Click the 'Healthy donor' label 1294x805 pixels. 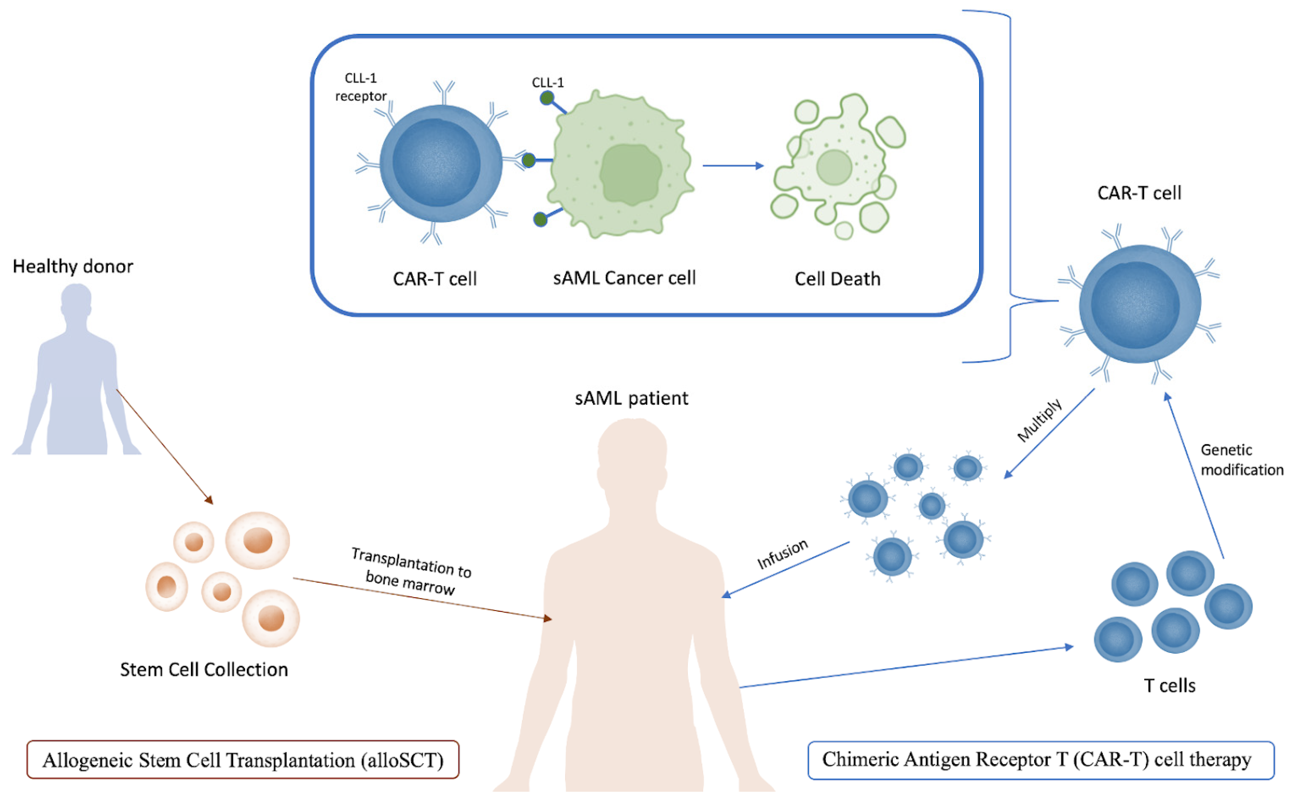click(x=73, y=266)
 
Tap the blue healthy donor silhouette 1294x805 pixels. click(x=77, y=373)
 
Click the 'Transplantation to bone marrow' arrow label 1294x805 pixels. click(x=411, y=571)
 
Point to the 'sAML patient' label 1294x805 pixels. click(x=631, y=398)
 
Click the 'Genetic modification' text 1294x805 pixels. click(x=1242, y=460)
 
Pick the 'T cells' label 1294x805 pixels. click(x=1170, y=686)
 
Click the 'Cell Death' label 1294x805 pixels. click(x=838, y=279)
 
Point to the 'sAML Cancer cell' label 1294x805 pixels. click(x=624, y=278)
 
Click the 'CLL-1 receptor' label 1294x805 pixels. click(x=361, y=87)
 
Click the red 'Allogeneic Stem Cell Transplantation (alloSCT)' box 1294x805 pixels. click(x=243, y=760)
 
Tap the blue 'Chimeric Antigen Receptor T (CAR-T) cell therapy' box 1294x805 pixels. click(x=1041, y=760)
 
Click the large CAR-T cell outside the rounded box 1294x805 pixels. click(x=1140, y=304)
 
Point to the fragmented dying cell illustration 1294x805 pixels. click(x=838, y=166)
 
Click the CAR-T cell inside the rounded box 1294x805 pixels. click(x=440, y=163)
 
